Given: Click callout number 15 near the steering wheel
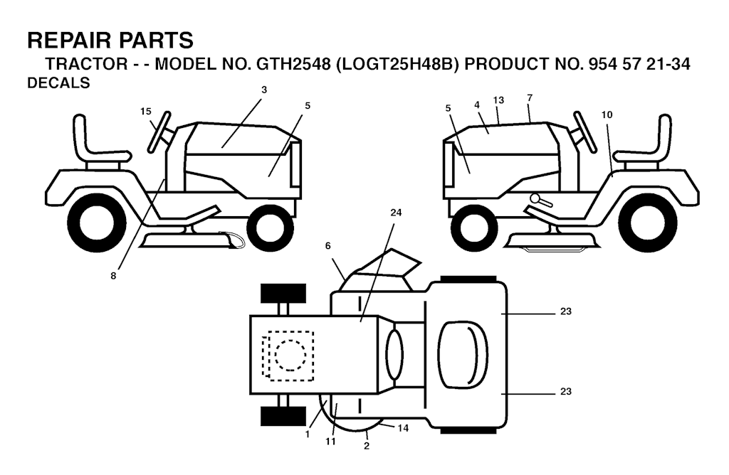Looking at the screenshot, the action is [145, 112].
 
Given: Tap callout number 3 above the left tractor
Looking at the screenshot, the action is [264, 90].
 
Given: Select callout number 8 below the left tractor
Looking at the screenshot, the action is [113, 276].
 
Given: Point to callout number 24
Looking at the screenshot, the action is [396, 213].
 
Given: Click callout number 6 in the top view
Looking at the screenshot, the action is [327, 245].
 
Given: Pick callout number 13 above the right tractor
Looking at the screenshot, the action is [498, 100].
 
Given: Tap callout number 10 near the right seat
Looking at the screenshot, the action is [607, 114].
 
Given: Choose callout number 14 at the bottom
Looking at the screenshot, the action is [403, 428].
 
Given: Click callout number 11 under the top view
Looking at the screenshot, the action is [330, 442].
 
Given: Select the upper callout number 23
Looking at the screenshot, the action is [565, 311].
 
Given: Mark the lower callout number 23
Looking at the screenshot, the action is [565, 392].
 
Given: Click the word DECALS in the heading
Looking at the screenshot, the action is [58, 82].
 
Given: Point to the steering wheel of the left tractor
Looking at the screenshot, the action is [159, 132].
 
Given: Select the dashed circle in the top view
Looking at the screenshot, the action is [290, 356].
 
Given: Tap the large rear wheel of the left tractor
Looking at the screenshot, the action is [97, 223].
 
